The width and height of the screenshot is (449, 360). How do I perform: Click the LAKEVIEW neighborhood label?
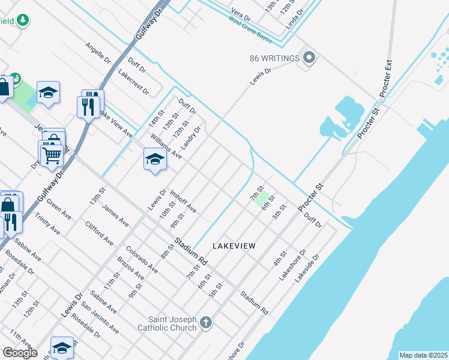(234, 246)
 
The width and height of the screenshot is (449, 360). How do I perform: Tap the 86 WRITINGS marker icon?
(309, 58)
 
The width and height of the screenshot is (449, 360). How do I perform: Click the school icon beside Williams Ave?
(155, 160)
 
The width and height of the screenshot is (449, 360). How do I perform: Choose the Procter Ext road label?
(385, 78)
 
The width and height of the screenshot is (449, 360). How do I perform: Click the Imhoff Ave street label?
(183, 202)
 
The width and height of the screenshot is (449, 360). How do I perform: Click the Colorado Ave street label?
(142, 259)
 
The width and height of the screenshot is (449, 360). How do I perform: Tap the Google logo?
(19, 353)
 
